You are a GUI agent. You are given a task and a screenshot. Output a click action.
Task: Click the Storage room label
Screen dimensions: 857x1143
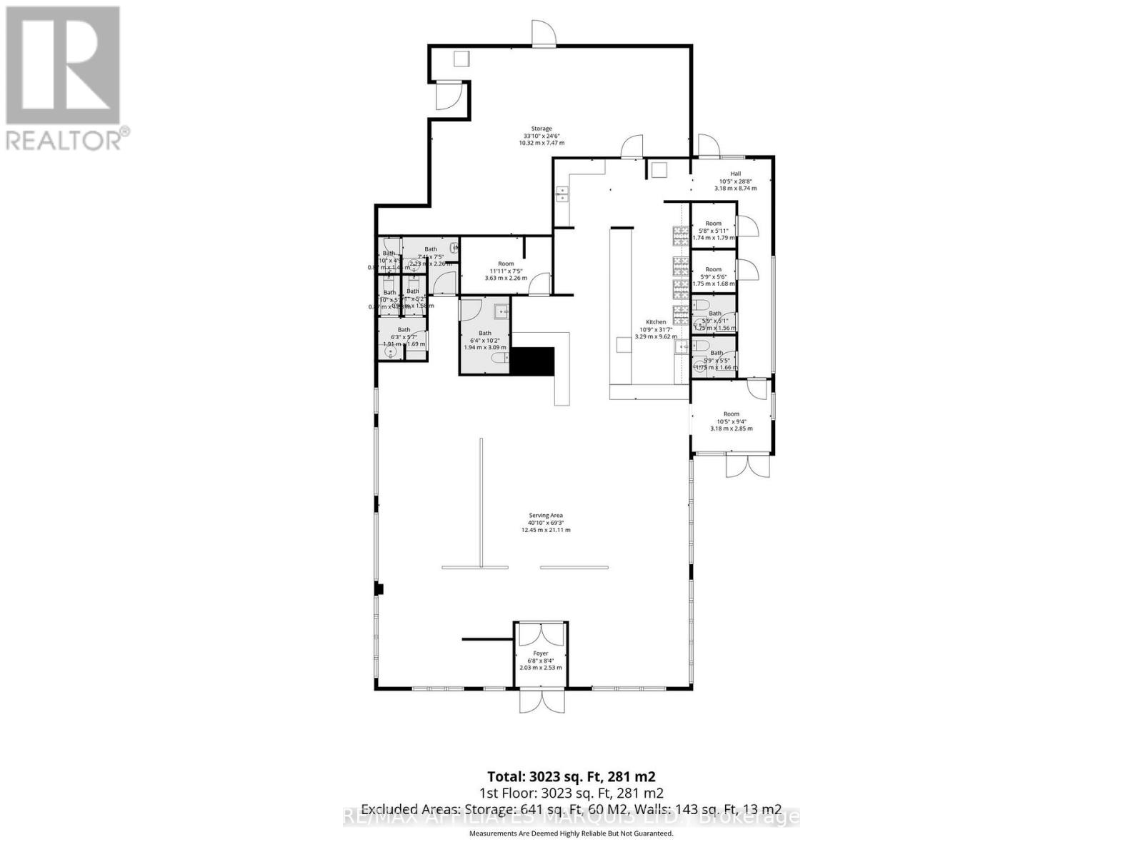(541, 129)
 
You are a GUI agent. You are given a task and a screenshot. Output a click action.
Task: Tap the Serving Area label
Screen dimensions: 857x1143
(546, 515)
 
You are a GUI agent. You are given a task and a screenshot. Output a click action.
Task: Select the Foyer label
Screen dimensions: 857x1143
(540, 653)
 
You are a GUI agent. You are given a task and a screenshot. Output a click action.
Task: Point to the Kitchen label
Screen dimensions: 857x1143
(656, 322)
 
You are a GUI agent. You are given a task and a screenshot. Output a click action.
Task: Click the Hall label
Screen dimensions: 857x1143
(735, 174)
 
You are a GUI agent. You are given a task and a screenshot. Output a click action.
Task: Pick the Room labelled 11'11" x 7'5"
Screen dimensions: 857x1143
(506, 264)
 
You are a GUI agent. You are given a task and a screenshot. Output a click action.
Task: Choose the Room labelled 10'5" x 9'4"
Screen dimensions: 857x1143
(731, 414)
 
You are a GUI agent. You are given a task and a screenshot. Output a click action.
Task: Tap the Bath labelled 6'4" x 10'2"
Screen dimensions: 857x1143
(485, 334)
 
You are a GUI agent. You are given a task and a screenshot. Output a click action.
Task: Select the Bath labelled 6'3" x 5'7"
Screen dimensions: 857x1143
(404, 330)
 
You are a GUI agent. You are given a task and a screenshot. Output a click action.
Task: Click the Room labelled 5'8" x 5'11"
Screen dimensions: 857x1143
(713, 224)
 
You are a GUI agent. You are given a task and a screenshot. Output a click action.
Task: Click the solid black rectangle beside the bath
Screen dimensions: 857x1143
(533, 361)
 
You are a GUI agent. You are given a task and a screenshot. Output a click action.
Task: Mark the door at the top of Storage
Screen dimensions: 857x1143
(543, 34)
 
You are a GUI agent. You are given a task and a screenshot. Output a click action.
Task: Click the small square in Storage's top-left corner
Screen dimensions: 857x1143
(461, 59)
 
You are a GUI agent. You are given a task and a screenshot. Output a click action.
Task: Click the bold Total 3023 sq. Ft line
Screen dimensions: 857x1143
(571, 776)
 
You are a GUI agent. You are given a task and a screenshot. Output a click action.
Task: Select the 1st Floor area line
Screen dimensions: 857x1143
(571, 793)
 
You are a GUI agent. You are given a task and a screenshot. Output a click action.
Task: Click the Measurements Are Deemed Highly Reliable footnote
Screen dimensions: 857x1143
(571, 833)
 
